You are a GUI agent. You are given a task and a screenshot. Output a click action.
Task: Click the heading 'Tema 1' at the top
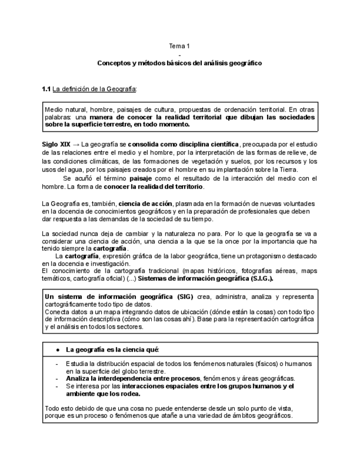(x=180, y=46)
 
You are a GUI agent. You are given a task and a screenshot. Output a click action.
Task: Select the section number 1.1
(x=46, y=89)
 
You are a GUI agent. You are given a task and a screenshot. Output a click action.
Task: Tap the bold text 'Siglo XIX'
(x=56, y=145)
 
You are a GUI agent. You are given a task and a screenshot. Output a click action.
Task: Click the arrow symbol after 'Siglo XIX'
(x=75, y=145)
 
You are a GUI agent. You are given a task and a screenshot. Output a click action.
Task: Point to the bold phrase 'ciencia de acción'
(x=145, y=203)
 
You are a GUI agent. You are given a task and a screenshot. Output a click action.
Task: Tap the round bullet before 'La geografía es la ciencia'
(x=58, y=349)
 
